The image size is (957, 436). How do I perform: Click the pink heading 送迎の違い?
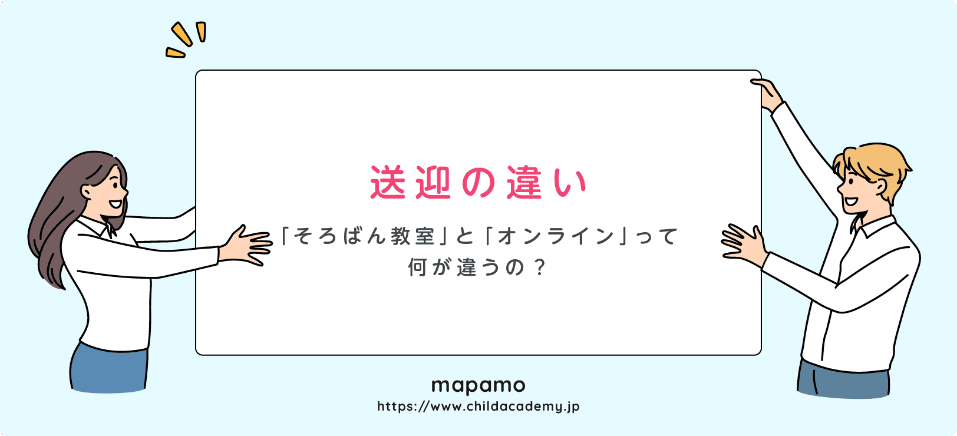478,183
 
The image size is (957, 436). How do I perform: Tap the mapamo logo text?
478,386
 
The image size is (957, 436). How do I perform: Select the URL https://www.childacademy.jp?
478,407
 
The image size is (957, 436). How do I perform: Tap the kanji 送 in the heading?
388,183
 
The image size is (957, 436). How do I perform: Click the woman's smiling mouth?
116,204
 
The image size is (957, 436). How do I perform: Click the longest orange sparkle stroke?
181,34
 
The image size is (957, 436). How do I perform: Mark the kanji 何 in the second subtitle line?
417,268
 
